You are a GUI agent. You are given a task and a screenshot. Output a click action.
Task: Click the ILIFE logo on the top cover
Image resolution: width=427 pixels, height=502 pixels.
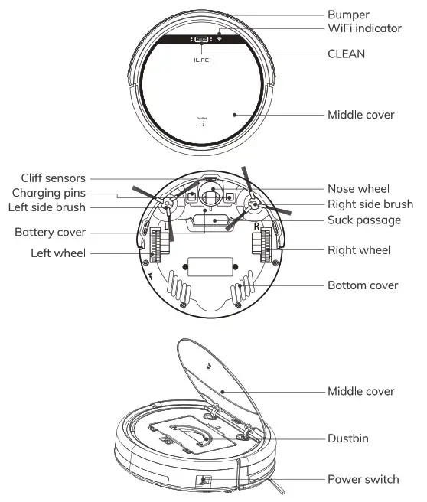pyautogui.click(x=201, y=57)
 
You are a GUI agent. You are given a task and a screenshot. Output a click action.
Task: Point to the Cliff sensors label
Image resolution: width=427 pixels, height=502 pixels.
pyautogui.click(x=54, y=178)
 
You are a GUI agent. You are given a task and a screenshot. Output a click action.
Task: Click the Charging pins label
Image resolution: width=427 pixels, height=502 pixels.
pyautogui.click(x=49, y=192)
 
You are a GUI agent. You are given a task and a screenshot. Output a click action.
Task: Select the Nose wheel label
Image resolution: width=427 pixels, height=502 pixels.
pyautogui.click(x=358, y=188)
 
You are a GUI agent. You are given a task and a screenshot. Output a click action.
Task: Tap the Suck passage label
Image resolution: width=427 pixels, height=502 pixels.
pyautogui.click(x=364, y=220)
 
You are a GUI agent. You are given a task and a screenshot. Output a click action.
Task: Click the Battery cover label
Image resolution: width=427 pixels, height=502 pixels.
pyautogui.click(x=51, y=231)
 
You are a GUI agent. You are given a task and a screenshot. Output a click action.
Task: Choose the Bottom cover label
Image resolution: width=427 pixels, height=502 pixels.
pyautogui.click(x=363, y=285)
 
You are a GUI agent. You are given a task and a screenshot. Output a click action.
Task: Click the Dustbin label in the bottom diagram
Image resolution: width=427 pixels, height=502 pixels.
pyautogui.click(x=351, y=439)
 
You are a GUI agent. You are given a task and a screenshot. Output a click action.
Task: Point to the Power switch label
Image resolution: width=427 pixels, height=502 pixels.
pyautogui.click(x=363, y=479)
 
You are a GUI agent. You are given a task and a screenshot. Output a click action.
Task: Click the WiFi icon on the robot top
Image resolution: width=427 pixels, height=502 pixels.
pyautogui.click(x=219, y=38)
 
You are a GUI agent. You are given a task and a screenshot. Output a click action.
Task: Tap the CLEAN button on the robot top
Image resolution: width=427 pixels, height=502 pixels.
pyautogui.click(x=201, y=39)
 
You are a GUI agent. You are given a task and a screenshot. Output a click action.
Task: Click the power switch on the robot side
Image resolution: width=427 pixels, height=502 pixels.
pyautogui.click(x=205, y=480)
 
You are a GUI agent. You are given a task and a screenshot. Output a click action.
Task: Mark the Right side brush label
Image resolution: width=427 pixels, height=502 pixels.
pyautogui.click(x=370, y=204)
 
